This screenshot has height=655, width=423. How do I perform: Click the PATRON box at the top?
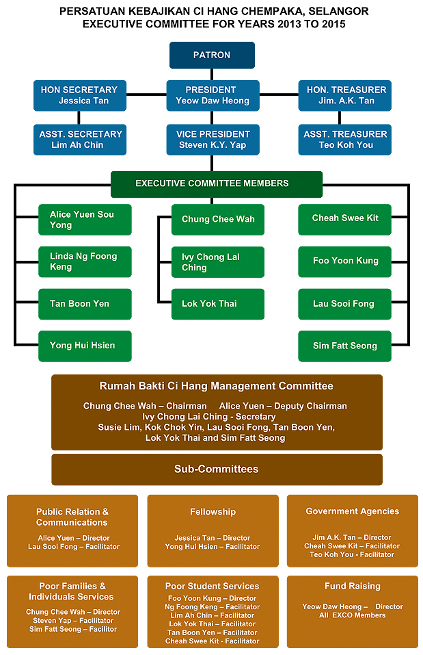click(212, 55)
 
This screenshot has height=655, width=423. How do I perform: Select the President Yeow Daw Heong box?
click(213, 95)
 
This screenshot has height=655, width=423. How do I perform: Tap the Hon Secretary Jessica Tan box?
click(79, 95)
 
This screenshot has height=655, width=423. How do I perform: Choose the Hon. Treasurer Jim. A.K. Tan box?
click(345, 95)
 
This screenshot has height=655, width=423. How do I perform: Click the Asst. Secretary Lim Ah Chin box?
click(79, 140)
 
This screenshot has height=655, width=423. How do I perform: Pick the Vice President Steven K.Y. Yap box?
click(213, 140)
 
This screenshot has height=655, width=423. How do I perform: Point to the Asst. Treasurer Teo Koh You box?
click(345, 140)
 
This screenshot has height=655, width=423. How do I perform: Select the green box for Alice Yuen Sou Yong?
click(85, 220)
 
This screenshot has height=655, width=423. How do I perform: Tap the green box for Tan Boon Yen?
click(85, 304)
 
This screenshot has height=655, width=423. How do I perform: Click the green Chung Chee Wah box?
click(217, 220)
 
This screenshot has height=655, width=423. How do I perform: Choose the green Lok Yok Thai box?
click(217, 304)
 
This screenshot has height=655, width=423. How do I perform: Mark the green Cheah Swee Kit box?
click(344, 218)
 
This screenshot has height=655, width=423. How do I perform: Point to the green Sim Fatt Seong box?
click(344, 346)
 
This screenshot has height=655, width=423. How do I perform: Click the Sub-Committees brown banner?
click(217, 470)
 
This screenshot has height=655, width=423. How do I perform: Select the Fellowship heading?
click(213, 512)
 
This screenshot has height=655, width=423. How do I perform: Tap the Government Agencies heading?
click(352, 511)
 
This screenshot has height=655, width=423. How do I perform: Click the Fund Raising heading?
click(352, 587)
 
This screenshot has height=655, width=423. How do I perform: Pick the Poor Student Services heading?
click(213, 587)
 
